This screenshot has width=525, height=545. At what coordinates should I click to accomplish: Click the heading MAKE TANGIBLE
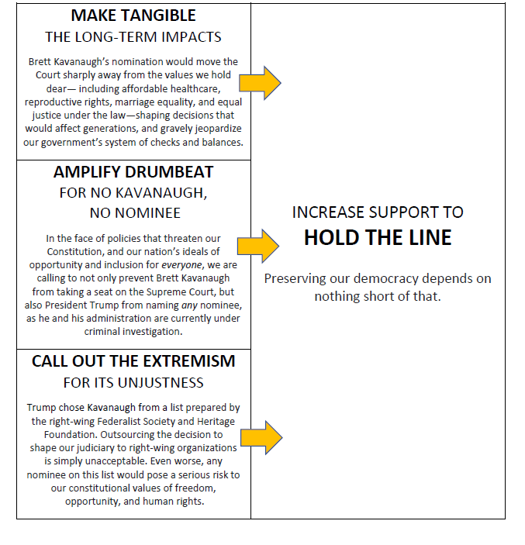tap(133, 16)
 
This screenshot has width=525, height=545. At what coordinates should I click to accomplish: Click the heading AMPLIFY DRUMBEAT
tap(133, 172)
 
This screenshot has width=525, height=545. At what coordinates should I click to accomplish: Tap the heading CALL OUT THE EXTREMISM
tap(133, 362)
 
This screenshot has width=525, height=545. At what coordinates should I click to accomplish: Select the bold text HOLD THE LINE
tap(378, 238)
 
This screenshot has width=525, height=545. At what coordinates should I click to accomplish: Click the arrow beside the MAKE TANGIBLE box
tap(260, 83)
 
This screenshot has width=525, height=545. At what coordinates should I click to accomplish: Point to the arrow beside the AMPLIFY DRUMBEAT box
tap(260, 246)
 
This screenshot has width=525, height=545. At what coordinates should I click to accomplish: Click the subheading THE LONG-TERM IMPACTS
tap(133, 36)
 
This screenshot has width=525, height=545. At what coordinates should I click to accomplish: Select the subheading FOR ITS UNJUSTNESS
tap(133, 382)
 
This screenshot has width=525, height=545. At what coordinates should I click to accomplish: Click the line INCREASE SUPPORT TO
tap(378, 212)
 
